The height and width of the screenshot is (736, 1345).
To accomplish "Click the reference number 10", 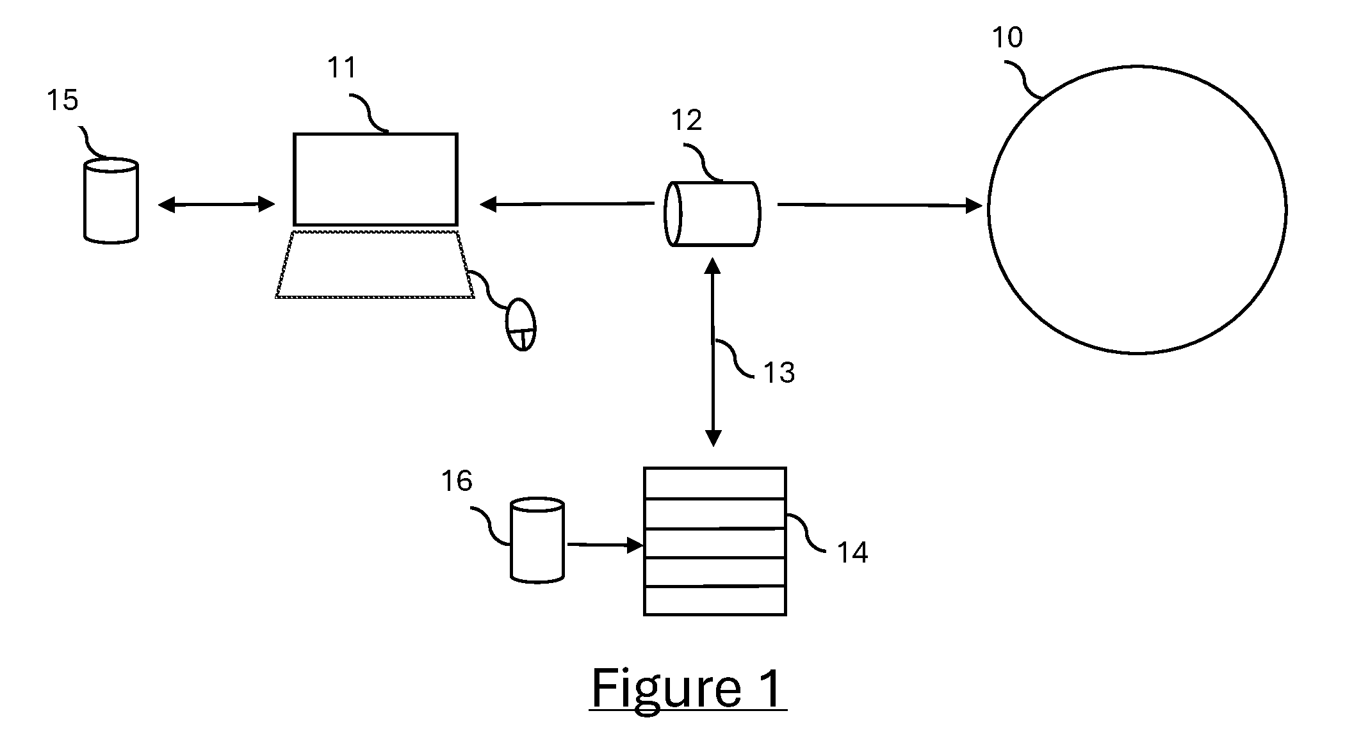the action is [x=1007, y=38].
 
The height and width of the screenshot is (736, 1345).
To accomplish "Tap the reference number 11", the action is [x=341, y=67].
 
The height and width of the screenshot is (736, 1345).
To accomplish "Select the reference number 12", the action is [x=687, y=120].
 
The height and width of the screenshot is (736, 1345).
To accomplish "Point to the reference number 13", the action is [x=779, y=372].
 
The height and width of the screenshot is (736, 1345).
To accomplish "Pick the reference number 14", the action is [x=852, y=552].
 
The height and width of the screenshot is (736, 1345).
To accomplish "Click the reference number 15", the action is [x=63, y=100].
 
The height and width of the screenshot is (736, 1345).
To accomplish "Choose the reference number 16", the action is [x=457, y=481].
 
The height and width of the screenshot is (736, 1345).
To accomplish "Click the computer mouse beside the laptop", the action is [x=521, y=324].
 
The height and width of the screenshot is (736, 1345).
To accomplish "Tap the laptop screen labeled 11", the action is [x=375, y=179].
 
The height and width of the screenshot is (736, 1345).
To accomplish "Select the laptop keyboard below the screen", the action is [x=375, y=264].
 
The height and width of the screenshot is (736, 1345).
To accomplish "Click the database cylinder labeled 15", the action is [x=111, y=201].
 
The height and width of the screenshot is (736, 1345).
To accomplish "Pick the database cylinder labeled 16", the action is [x=537, y=540].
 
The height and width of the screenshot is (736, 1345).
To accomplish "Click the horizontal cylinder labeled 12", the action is [x=712, y=214].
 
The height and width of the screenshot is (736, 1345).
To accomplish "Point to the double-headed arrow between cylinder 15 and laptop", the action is [x=216, y=204].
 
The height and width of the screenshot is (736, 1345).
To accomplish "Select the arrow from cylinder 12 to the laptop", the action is [x=567, y=204].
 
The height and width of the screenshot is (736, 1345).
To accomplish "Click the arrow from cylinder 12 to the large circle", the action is [x=880, y=205].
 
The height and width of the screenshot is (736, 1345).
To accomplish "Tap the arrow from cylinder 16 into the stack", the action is [x=605, y=545].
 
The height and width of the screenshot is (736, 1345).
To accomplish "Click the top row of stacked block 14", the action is [x=715, y=483].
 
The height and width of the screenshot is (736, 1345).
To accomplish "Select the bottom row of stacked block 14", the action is [x=715, y=600].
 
